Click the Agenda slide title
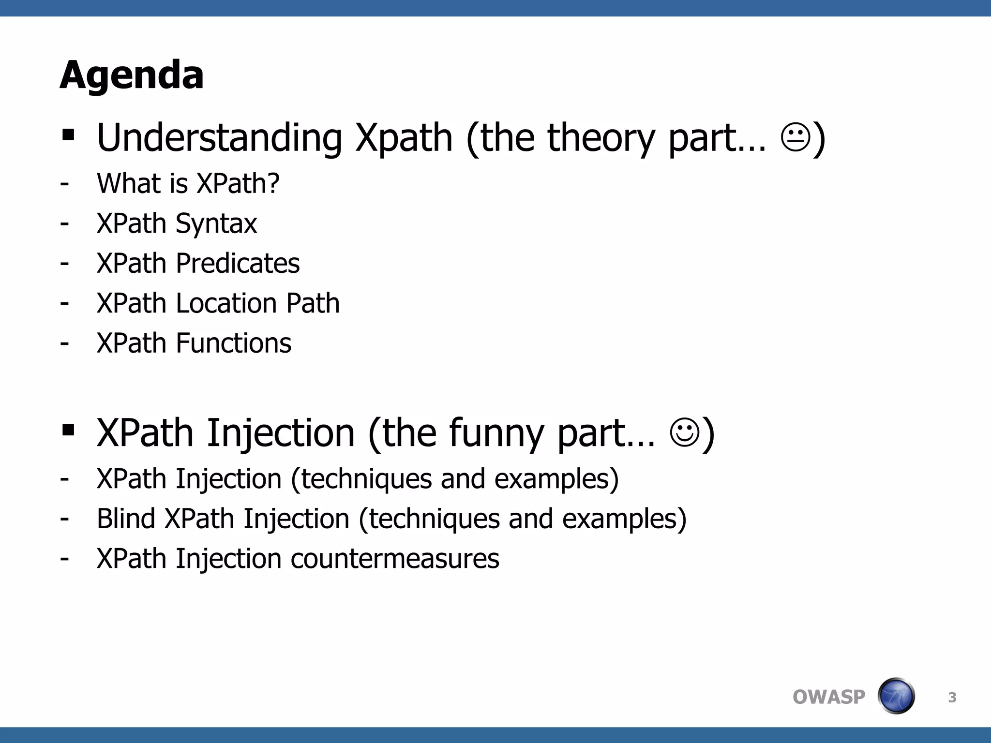coord(132,75)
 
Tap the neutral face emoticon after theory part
coord(795,138)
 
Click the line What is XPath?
coord(188,183)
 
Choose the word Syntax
coord(216,223)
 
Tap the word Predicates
coord(238,264)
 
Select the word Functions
coord(234,343)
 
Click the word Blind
coord(126,519)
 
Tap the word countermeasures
coord(395,559)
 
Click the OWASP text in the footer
coord(828,697)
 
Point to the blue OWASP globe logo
coord(896,696)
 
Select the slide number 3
coord(952,698)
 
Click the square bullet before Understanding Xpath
coord(68,135)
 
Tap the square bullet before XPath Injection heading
coord(68,430)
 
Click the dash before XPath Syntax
coord(64,223)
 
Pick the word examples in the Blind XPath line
coord(619,519)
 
